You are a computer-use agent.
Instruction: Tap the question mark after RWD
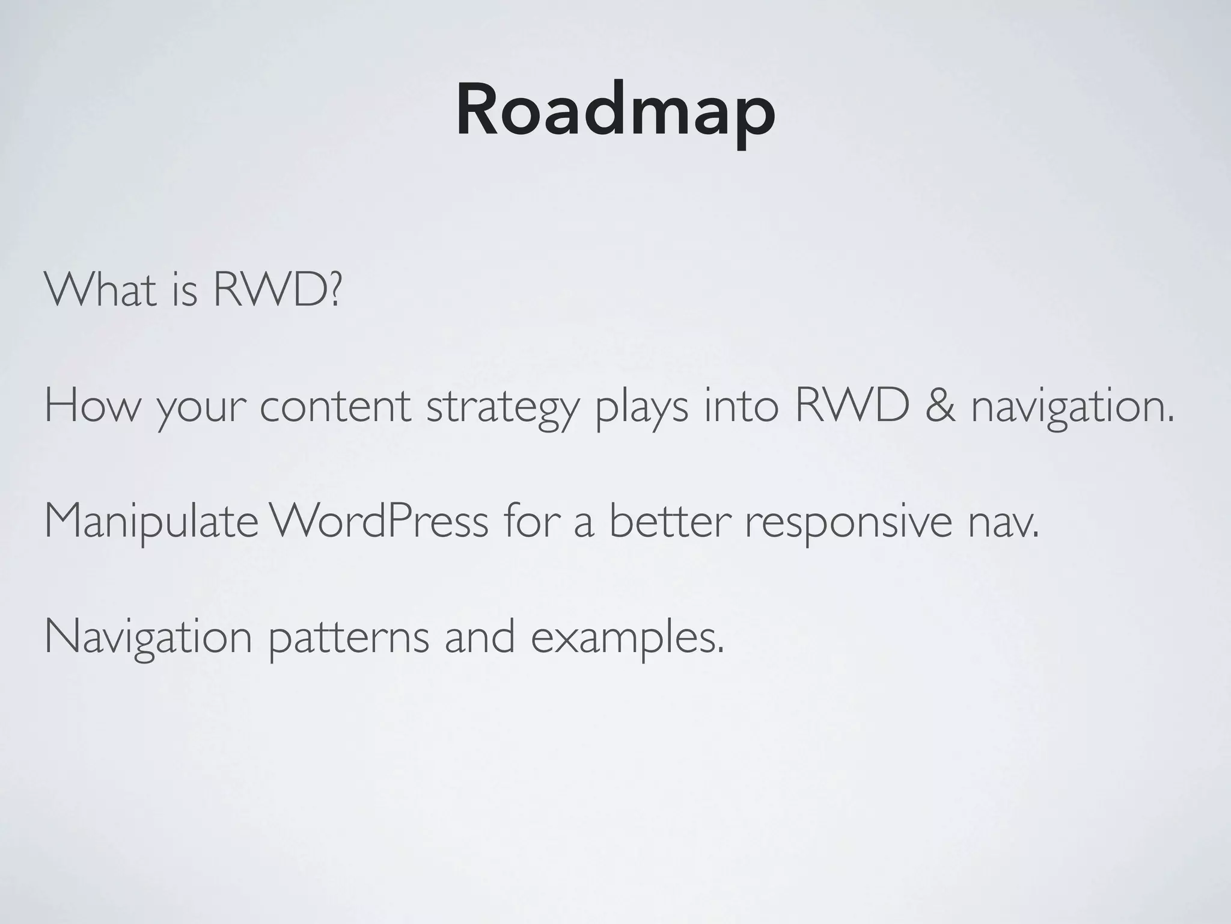335,290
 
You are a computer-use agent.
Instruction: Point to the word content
335,407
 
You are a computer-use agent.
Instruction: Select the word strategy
502,409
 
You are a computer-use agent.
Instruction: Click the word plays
641,409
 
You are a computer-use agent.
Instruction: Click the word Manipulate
151,522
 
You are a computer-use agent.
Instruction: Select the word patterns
348,640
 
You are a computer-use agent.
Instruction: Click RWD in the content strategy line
852,405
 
